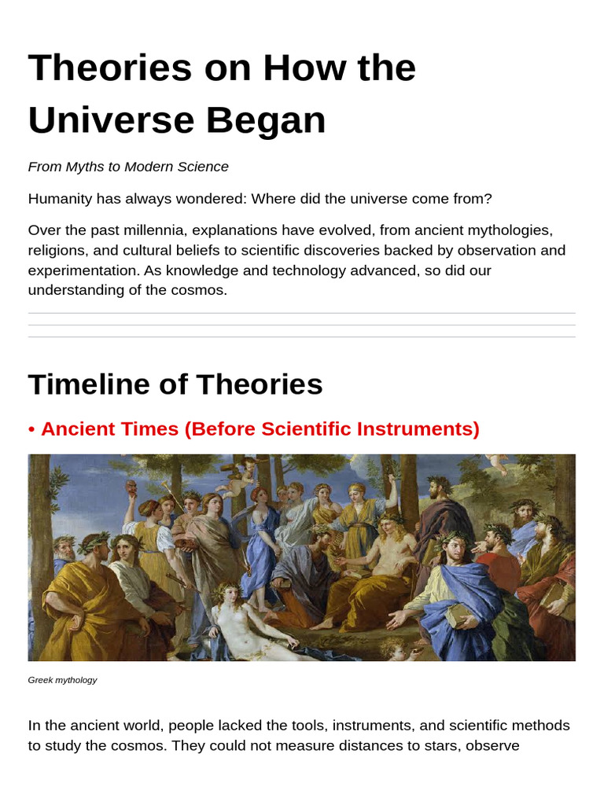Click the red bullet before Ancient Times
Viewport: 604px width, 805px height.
click(31, 429)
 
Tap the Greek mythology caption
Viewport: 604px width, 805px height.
click(62, 680)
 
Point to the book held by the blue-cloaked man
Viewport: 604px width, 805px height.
click(457, 614)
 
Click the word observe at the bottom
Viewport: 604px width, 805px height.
click(493, 744)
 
